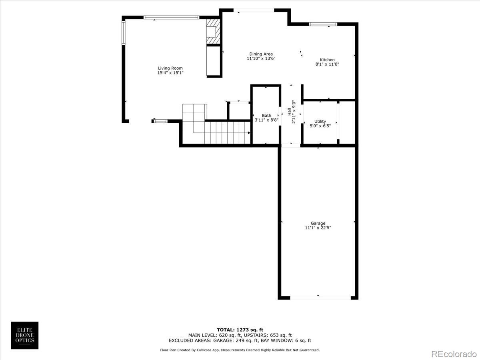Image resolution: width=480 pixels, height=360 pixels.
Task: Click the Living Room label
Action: click(170, 68)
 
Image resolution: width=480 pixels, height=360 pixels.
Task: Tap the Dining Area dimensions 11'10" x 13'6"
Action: click(261, 59)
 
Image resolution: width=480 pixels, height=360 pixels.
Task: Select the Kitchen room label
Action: click(327, 60)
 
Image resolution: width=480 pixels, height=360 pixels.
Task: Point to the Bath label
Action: click(266, 116)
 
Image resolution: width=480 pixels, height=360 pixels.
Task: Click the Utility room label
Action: click(320, 122)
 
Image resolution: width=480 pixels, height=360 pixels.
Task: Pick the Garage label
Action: click(318, 224)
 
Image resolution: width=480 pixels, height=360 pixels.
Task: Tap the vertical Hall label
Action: click(289, 112)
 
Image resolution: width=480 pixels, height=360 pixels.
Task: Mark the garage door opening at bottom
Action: click(320, 298)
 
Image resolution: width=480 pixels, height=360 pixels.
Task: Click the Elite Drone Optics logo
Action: click(25, 335)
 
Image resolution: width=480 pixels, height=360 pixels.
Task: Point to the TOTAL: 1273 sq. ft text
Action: click(240, 330)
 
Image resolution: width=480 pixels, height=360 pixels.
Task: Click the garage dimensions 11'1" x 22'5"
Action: click(318, 228)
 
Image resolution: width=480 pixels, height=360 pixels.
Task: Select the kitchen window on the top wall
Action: click(323, 24)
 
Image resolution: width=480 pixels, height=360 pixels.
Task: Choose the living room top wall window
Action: click(171, 18)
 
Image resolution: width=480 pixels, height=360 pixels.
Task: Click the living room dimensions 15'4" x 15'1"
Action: click(170, 73)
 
